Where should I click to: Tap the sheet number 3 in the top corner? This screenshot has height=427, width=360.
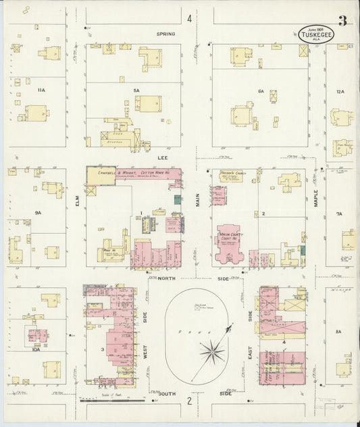(342, 21)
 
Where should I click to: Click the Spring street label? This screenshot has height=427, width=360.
(165, 34)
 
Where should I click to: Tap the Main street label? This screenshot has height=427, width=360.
(199, 200)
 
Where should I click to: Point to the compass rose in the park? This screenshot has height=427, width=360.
(212, 350)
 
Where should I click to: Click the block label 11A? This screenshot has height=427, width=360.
(41, 90)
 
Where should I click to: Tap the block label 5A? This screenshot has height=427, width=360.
(136, 90)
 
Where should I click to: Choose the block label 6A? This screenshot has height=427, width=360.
(260, 91)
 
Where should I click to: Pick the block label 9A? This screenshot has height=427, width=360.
(38, 213)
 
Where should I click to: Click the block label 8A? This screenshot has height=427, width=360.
(339, 331)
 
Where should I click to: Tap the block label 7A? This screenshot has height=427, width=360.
(339, 214)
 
